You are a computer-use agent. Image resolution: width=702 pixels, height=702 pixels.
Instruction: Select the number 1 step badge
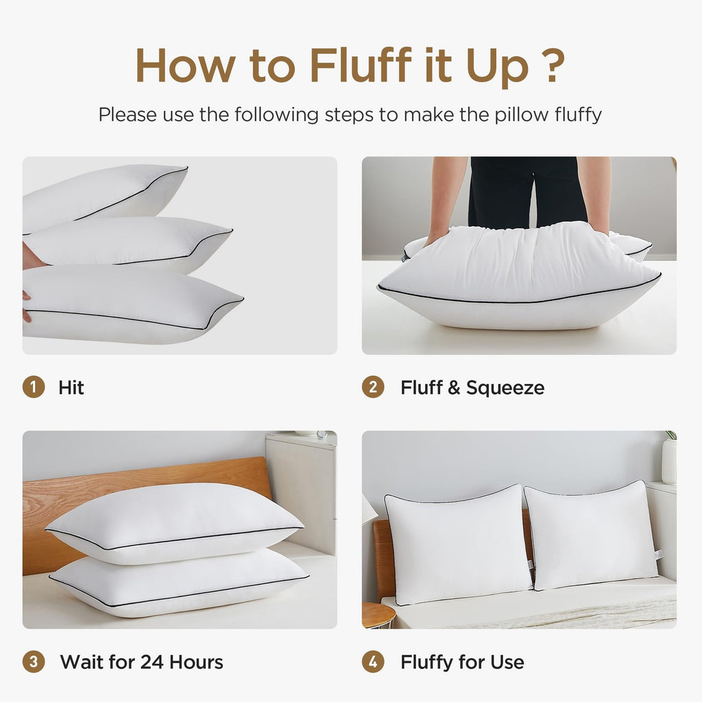point(33,387)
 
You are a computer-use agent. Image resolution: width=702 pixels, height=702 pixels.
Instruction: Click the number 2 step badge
point(373,387)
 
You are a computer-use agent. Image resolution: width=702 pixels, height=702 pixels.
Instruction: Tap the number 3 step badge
point(33,662)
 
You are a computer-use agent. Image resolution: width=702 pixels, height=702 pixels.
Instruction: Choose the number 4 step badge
point(373,662)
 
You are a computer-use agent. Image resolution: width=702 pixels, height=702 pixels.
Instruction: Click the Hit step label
point(71,387)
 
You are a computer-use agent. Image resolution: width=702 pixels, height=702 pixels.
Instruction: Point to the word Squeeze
point(505,387)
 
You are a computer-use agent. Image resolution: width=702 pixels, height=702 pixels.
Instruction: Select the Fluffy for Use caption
point(462,662)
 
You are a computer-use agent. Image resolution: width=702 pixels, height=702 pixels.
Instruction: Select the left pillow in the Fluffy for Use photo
point(456,545)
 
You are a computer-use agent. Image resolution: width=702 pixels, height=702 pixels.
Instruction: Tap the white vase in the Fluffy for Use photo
point(668,461)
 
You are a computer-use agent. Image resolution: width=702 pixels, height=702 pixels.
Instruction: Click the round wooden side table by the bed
point(378,614)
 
